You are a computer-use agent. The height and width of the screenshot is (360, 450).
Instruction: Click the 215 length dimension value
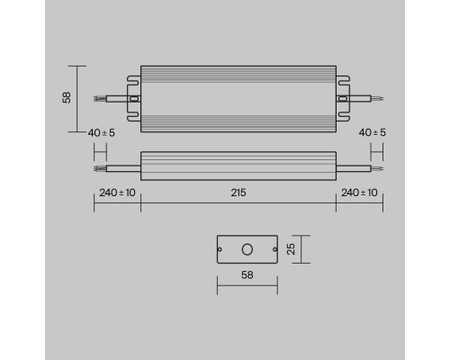pyautogui.click(x=238, y=193)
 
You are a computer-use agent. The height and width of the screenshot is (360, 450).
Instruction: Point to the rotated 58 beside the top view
pyautogui.click(x=66, y=99)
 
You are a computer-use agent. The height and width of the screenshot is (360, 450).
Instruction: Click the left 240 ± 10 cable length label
pyautogui.click(x=116, y=193)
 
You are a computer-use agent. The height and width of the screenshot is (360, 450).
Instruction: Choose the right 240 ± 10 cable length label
pyautogui.click(x=359, y=193)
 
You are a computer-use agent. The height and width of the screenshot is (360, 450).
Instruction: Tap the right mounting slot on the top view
pyautogui.click(x=342, y=99)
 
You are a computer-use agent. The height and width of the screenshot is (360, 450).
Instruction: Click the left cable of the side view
pyautogui.click(x=117, y=166)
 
